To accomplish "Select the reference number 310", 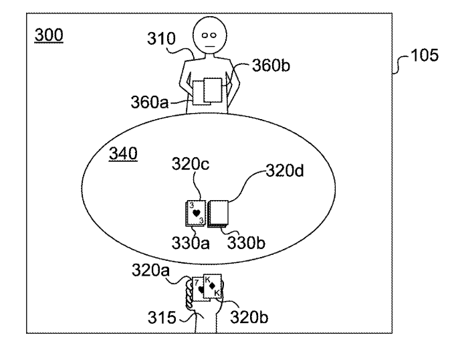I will [x=162, y=41].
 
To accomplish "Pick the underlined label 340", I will [x=123, y=155].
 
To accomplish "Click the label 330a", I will [x=190, y=245].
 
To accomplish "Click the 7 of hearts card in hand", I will [x=197, y=288].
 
